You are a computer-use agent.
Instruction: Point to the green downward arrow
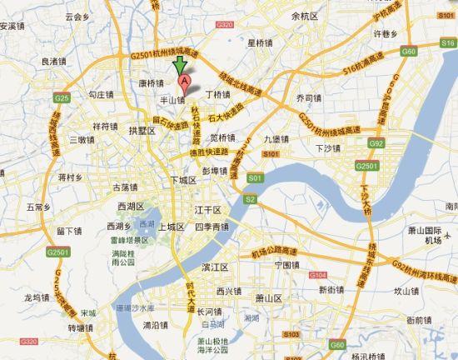coord(177,67)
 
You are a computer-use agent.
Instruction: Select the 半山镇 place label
coord(172,97)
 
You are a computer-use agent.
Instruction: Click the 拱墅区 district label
coord(142,130)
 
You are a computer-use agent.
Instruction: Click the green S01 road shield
coord(255,178)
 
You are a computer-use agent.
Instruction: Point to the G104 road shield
coord(316,274)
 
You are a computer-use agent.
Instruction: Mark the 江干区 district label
coord(206,209)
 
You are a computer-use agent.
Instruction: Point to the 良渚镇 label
coord(52,61)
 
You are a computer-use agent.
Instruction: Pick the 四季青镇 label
coord(212,227)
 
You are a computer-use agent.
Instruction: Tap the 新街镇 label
coord(331,289)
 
